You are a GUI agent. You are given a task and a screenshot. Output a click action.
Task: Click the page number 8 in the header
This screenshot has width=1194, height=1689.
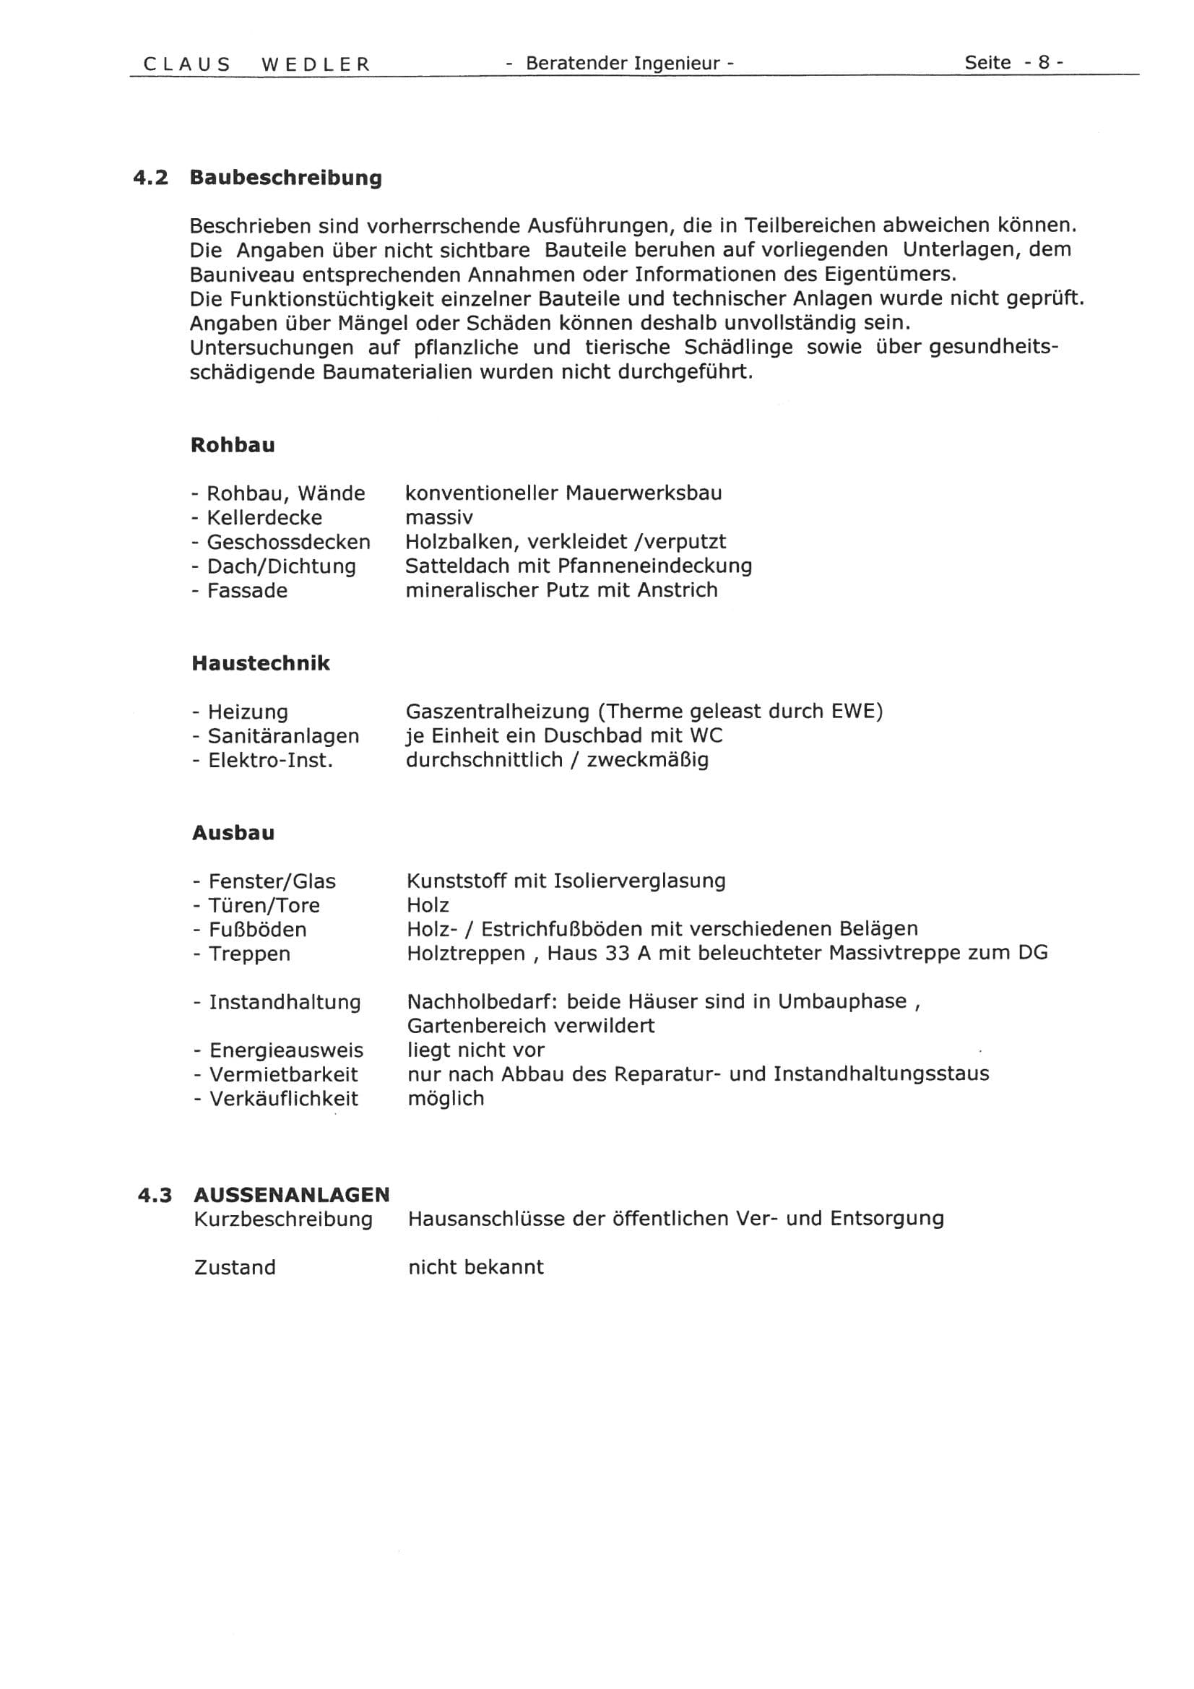pyautogui.click(x=1043, y=63)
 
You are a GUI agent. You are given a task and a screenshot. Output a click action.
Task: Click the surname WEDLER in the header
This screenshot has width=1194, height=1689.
pyautogui.click(x=316, y=64)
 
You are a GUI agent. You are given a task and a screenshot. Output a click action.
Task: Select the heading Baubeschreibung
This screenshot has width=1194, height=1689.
pyautogui.click(x=285, y=178)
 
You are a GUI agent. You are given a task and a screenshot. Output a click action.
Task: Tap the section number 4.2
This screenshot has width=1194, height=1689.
pyautogui.click(x=150, y=178)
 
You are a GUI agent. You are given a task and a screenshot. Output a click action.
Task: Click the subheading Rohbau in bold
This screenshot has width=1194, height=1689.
pyautogui.click(x=233, y=445)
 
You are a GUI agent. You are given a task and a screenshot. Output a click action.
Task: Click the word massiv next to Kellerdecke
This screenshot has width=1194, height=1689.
pyautogui.click(x=438, y=517)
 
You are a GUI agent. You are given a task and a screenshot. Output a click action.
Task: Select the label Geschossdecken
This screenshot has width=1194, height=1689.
pyautogui.click(x=288, y=542)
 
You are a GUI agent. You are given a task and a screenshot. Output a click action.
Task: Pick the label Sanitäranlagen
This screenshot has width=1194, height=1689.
pyautogui.click(x=283, y=735)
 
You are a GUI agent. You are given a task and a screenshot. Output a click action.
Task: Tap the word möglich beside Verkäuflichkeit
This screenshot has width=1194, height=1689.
pyautogui.click(x=445, y=1099)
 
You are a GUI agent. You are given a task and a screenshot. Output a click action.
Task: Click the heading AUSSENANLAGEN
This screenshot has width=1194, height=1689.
pyautogui.click(x=291, y=1196)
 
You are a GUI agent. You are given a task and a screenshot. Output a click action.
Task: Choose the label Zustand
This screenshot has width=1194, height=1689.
pyautogui.click(x=235, y=1268)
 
